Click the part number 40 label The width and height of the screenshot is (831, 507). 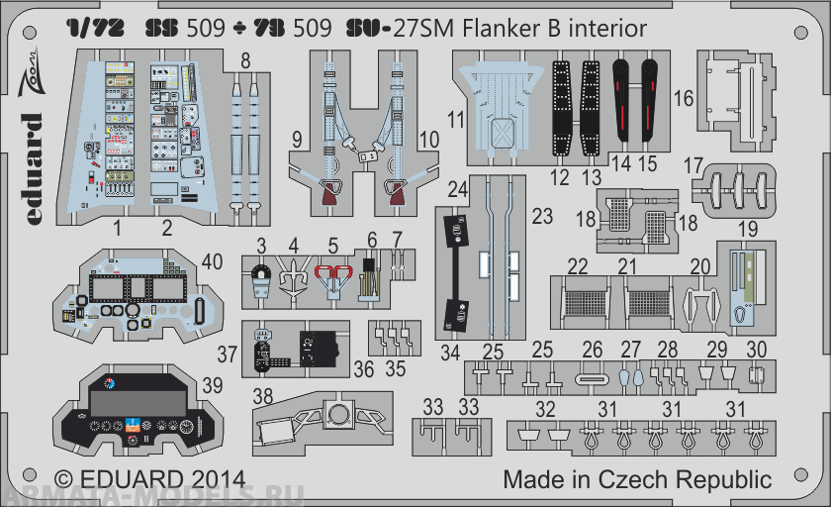click(x=212, y=262)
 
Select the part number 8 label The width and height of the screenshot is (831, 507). click(x=245, y=61)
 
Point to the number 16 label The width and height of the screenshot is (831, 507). click(x=683, y=98)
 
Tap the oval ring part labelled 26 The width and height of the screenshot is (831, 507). click(x=592, y=378)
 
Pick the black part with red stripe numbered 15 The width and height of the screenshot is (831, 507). click(x=649, y=104)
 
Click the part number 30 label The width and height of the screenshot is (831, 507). click(x=757, y=350)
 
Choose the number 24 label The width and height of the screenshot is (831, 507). click(x=456, y=188)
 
